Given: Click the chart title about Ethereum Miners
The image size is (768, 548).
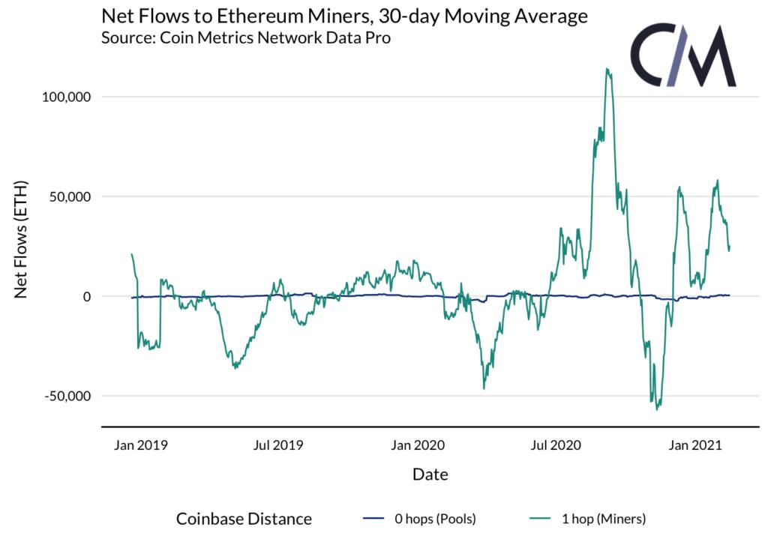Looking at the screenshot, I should (x=344, y=16).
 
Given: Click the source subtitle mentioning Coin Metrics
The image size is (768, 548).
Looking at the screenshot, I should (x=245, y=38).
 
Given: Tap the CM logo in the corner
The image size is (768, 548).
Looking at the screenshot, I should (x=682, y=56).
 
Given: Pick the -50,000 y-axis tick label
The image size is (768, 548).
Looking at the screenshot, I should (x=64, y=396).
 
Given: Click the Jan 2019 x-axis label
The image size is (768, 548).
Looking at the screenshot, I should (x=140, y=445).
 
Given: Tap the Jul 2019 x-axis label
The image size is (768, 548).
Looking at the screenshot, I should (x=278, y=445).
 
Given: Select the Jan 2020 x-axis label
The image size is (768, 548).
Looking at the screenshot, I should (x=417, y=445).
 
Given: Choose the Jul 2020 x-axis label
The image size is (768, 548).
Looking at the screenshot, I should (x=555, y=445).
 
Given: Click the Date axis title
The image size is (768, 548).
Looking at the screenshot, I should (x=430, y=475).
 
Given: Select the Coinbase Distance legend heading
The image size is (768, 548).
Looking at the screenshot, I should (x=244, y=518).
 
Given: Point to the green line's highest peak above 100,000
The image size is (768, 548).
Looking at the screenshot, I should (x=607, y=69).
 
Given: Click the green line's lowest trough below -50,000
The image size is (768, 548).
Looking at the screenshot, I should (x=657, y=409).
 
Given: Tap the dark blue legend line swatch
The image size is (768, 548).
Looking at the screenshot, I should (x=373, y=518).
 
